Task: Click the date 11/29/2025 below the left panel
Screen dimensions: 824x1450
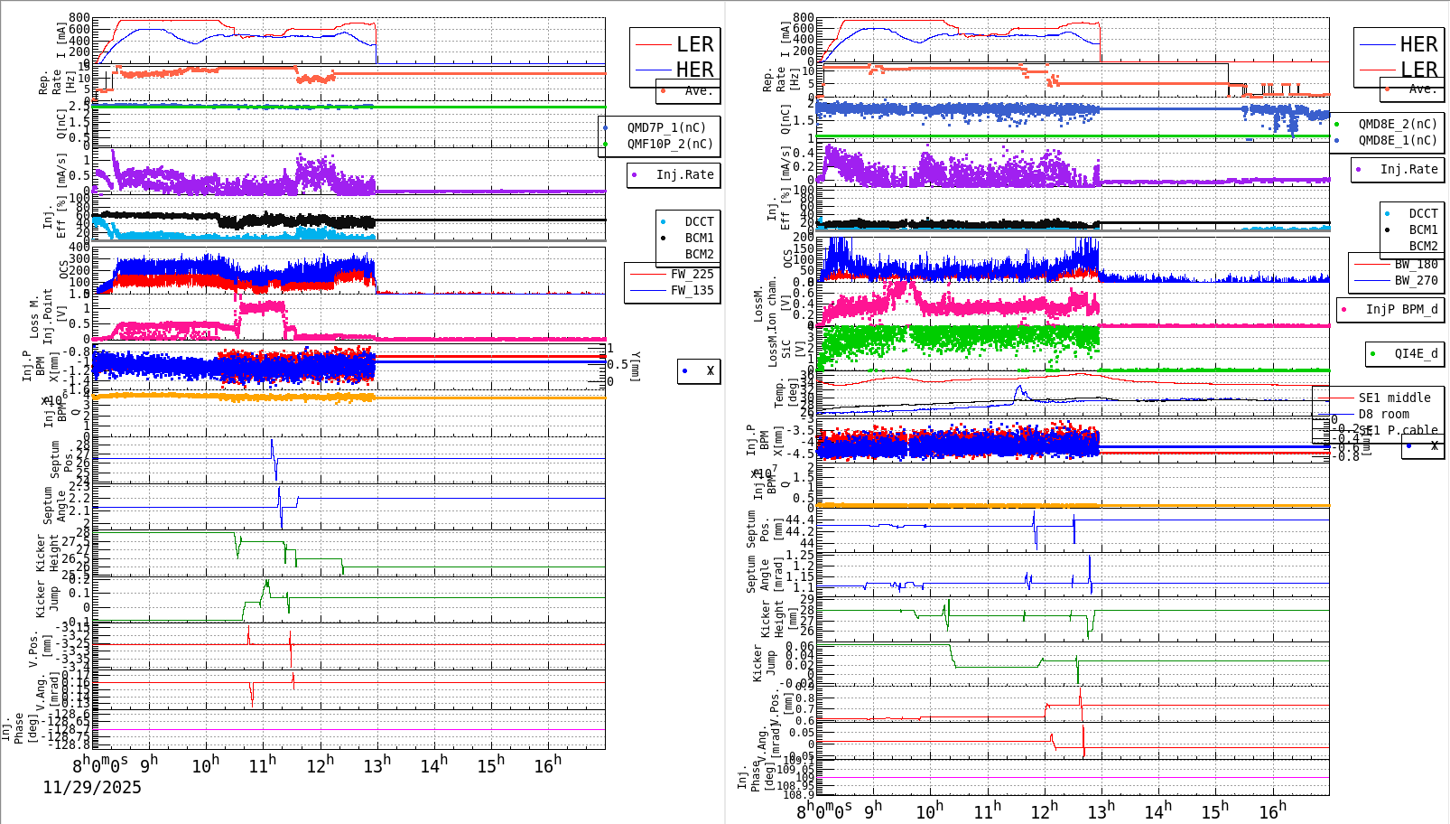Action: [x=92, y=788]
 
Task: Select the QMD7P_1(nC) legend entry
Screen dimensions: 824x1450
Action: [x=669, y=127]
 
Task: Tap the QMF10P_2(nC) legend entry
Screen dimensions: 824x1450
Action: [x=669, y=144]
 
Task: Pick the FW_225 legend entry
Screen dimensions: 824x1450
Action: [x=691, y=274]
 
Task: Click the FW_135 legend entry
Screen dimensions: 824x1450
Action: [x=691, y=290]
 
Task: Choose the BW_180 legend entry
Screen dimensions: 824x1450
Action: [x=1415, y=264]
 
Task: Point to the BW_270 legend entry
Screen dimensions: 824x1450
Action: [x=1415, y=280]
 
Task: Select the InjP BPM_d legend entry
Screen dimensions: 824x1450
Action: [x=1400, y=309]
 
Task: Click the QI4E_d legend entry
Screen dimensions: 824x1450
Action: [x=1415, y=353]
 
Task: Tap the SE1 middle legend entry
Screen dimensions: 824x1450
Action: [x=1394, y=398]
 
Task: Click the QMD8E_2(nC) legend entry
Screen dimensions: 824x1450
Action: [x=1397, y=124]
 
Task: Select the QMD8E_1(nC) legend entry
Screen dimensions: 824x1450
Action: [x=1397, y=140]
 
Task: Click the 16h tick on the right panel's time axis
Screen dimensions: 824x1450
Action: [x=1271, y=810]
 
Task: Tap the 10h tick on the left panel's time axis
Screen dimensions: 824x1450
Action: [x=206, y=765]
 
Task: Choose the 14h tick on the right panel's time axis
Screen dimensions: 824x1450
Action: [x=1157, y=810]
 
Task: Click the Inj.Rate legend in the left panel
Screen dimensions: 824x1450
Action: [x=683, y=174]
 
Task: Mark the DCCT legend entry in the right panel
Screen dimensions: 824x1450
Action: [x=1422, y=214]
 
